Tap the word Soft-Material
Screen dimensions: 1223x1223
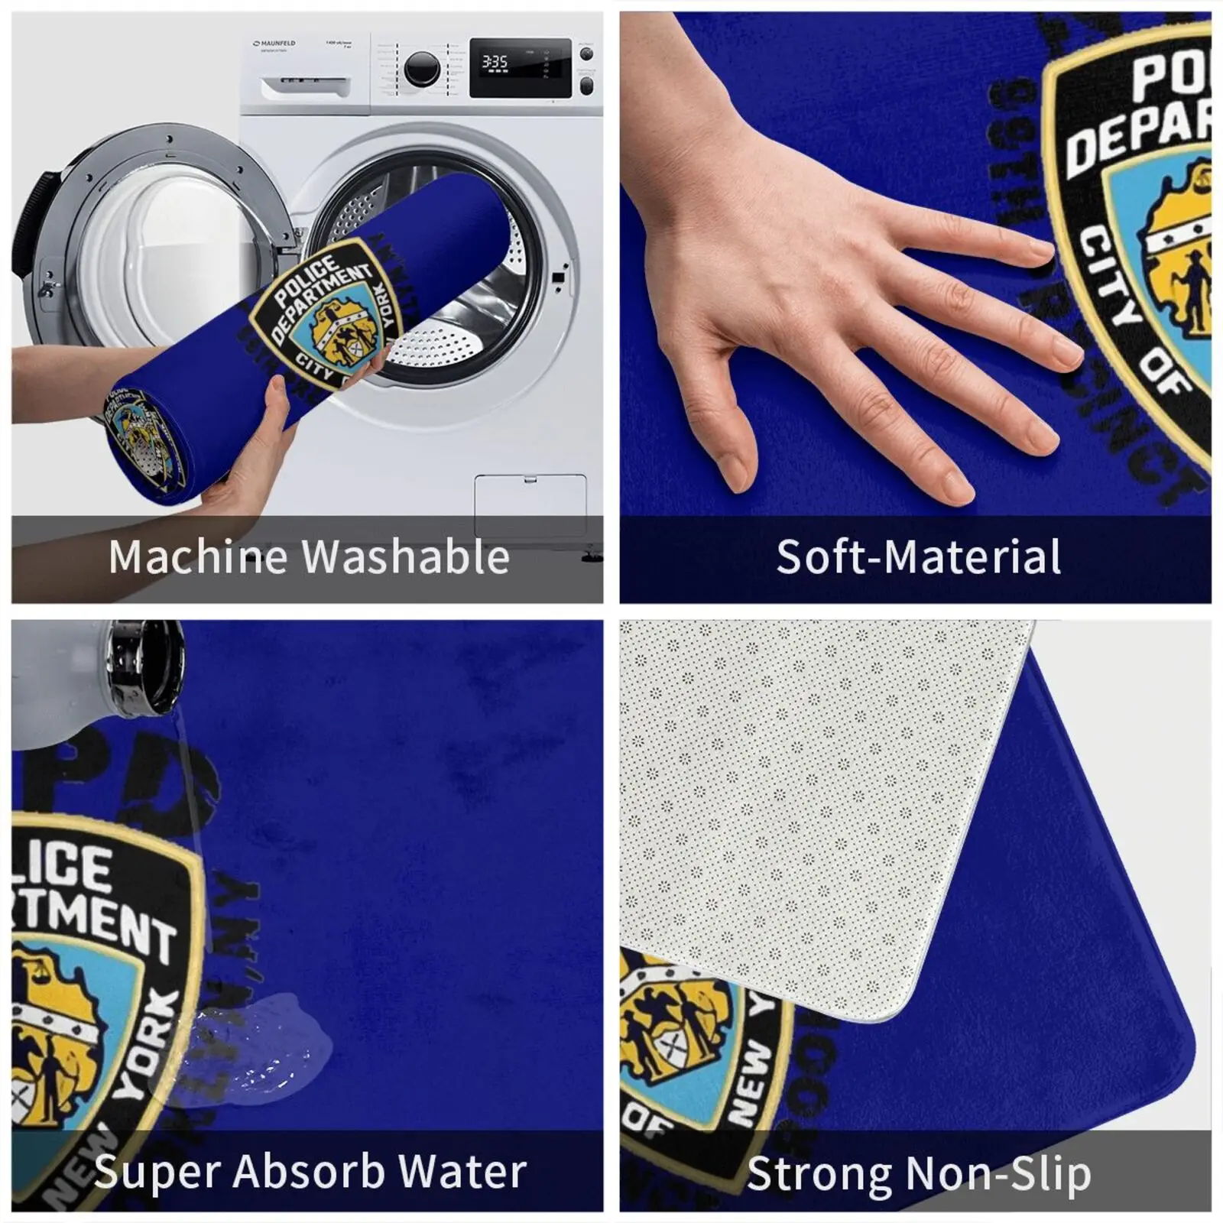[x=919, y=556]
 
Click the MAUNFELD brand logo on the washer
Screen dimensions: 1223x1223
[x=275, y=44]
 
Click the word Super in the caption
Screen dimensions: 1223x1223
[x=157, y=1171]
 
